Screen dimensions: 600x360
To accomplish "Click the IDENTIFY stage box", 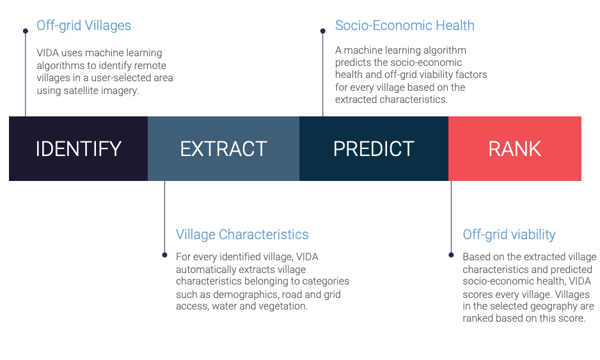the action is click(x=79, y=148).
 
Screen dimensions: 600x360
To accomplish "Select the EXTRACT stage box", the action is click(x=223, y=148).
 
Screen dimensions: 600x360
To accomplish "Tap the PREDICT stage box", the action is click(x=374, y=148).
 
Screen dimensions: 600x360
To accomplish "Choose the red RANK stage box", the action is click(x=515, y=148).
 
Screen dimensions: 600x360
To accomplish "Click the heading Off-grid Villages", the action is click(x=84, y=26).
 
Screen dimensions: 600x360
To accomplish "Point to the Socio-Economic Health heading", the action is click(x=405, y=26).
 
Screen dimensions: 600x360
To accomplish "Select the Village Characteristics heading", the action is click(x=242, y=235).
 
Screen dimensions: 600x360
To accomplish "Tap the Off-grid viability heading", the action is click(x=509, y=235).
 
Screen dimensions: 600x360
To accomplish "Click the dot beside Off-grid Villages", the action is click(x=26, y=31).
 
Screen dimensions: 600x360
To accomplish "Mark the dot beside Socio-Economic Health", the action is click(x=323, y=31).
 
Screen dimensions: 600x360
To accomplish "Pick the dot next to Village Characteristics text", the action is click(x=164, y=254).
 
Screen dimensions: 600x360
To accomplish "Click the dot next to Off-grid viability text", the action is click(x=451, y=254).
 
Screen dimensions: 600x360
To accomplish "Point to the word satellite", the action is click(x=79, y=91).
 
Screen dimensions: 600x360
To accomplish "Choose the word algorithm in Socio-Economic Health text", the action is click(x=445, y=51).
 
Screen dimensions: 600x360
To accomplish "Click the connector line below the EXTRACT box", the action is click(x=164, y=217).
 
